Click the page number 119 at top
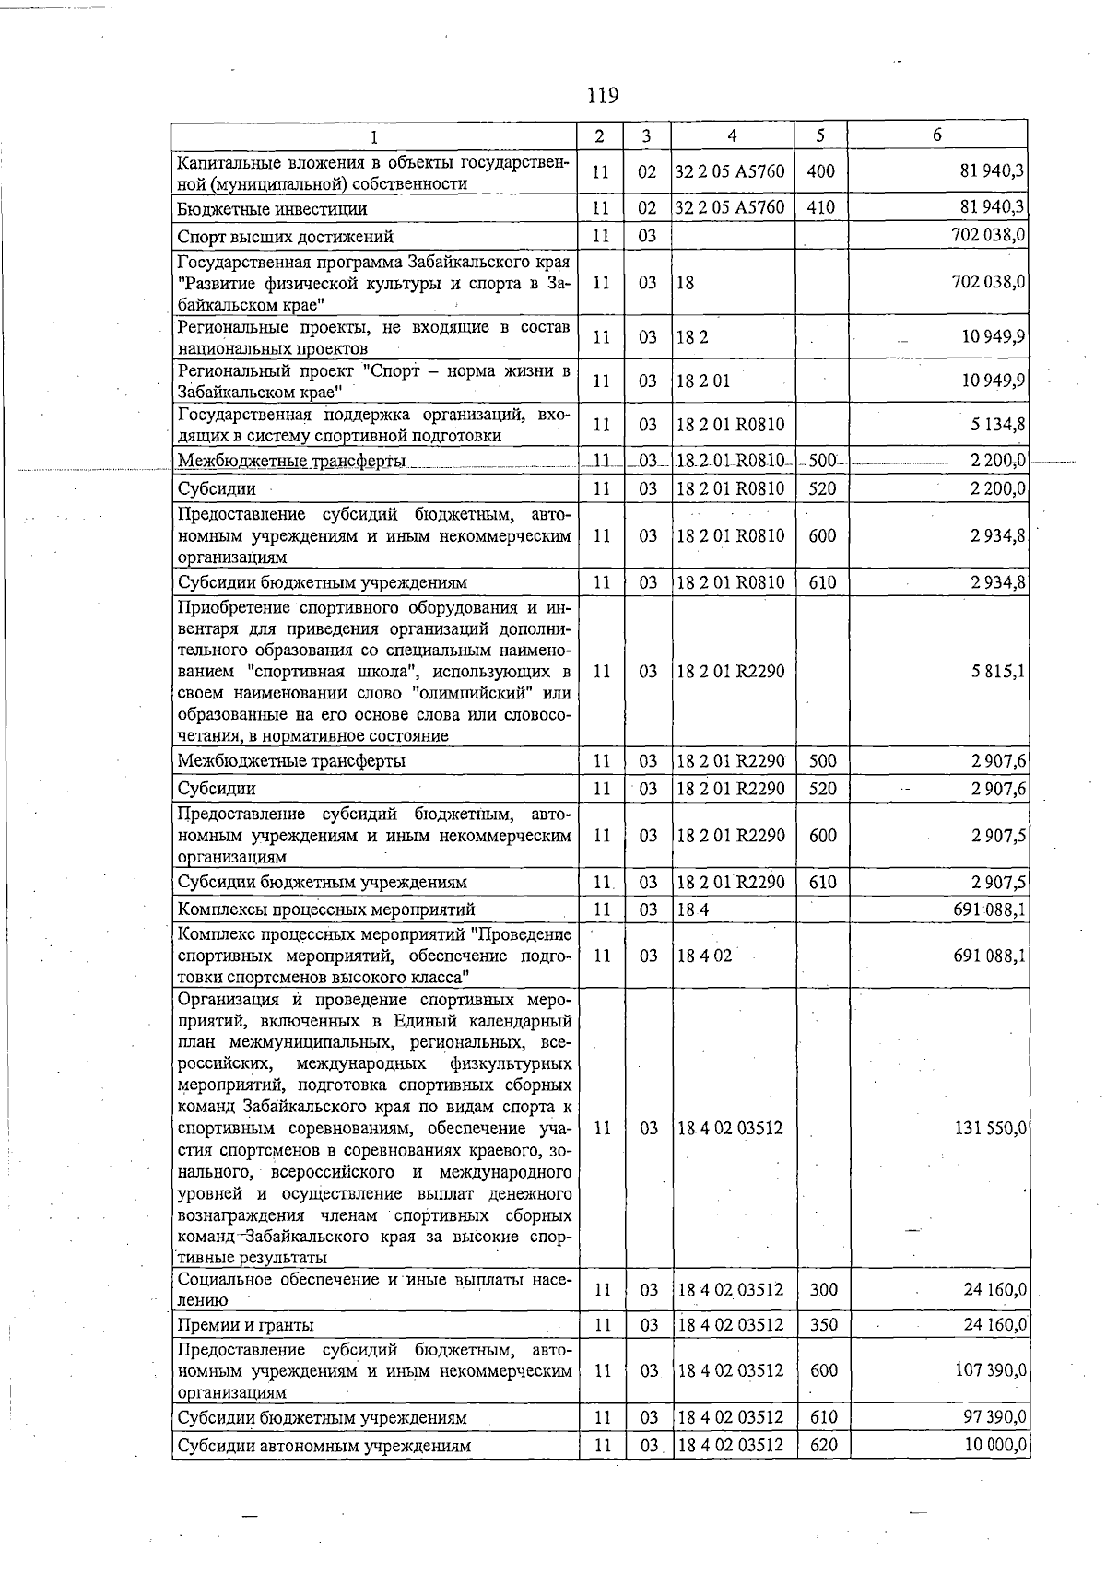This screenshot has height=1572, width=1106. click(x=601, y=95)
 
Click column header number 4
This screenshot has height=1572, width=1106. click(x=732, y=135)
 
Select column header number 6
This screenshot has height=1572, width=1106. click(x=936, y=135)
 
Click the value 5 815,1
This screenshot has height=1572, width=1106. click(x=997, y=672)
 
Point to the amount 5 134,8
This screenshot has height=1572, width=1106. click(x=997, y=425)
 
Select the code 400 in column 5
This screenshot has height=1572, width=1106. click(x=820, y=171)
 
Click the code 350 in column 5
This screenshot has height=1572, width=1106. click(x=823, y=1325)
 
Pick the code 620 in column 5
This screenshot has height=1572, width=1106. click(x=823, y=1445)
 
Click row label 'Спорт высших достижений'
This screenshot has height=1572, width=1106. click(x=285, y=237)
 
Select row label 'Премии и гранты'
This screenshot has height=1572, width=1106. click(x=245, y=1325)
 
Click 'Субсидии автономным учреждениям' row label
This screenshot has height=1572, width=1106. click(x=324, y=1446)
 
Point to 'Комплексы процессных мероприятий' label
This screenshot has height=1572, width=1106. click(x=326, y=909)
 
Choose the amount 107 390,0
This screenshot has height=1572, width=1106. click(x=991, y=1370)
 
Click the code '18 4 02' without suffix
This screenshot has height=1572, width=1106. click(x=704, y=956)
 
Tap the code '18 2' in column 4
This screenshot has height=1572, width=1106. click(x=692, y=337)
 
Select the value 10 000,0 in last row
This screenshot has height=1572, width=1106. click(x=994, y=1445)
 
